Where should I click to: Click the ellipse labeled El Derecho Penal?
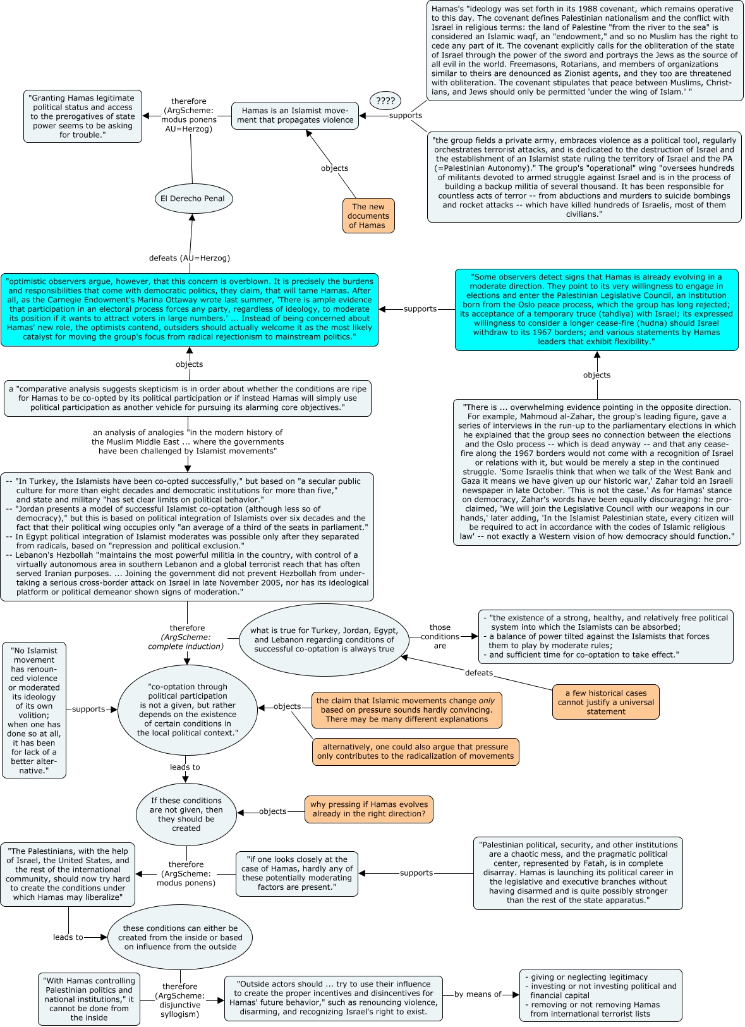point(193,199)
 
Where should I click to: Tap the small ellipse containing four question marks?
point(385,101)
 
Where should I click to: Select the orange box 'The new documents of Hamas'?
point(368,216)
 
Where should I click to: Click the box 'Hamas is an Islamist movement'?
point(295,116)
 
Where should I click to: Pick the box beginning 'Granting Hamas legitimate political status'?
point(83,116)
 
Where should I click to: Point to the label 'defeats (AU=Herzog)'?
point(189,257)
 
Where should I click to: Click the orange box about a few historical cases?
point(606,702)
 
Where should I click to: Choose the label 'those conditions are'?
point(440,636)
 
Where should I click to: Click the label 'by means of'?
point(478,994)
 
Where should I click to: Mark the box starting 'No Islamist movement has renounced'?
point(34,710)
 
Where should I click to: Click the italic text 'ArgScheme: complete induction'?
point(186,641)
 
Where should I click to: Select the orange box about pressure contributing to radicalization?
point(416,751)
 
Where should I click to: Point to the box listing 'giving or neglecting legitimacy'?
point(601,995)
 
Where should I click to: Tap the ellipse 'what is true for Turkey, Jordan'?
point(324,639)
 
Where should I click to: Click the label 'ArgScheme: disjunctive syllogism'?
point(179,1004)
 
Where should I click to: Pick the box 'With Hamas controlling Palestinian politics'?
point(89,999)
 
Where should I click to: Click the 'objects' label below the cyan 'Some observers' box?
point(597,374)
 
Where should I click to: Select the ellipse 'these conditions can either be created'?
point(180,937)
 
